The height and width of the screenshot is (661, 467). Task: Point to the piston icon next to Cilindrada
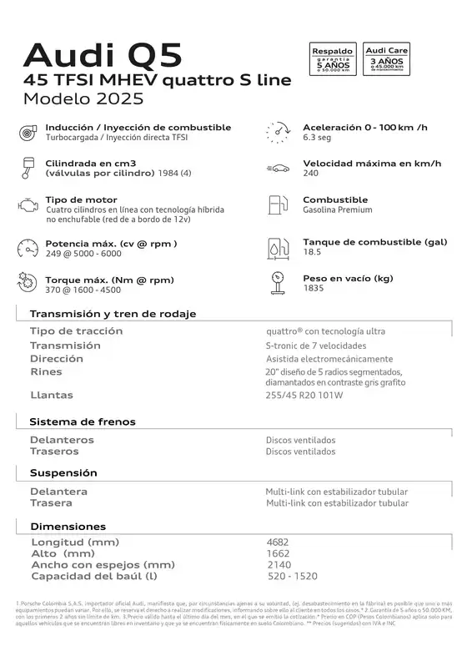click(27, 167)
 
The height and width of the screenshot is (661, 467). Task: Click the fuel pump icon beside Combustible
click(277, 204)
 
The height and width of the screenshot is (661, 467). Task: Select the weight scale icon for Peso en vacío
click(277, 283)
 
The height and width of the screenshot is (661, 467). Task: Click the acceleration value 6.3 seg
click(318, 138)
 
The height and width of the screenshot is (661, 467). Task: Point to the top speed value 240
click(311, 174)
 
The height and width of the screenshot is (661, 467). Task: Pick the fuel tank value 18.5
click(312, 252)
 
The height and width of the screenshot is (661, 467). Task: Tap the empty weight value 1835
click(314, 288)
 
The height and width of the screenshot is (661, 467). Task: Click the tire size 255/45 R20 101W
click(304, 396)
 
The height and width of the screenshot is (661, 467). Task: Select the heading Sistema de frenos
click(82, 422)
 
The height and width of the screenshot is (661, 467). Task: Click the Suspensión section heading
click(63, 473)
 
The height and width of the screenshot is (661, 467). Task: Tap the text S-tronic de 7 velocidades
click(315, 346)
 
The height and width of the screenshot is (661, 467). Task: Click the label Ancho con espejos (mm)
click(103, 565)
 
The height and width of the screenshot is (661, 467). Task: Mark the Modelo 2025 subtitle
click(83, 98)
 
